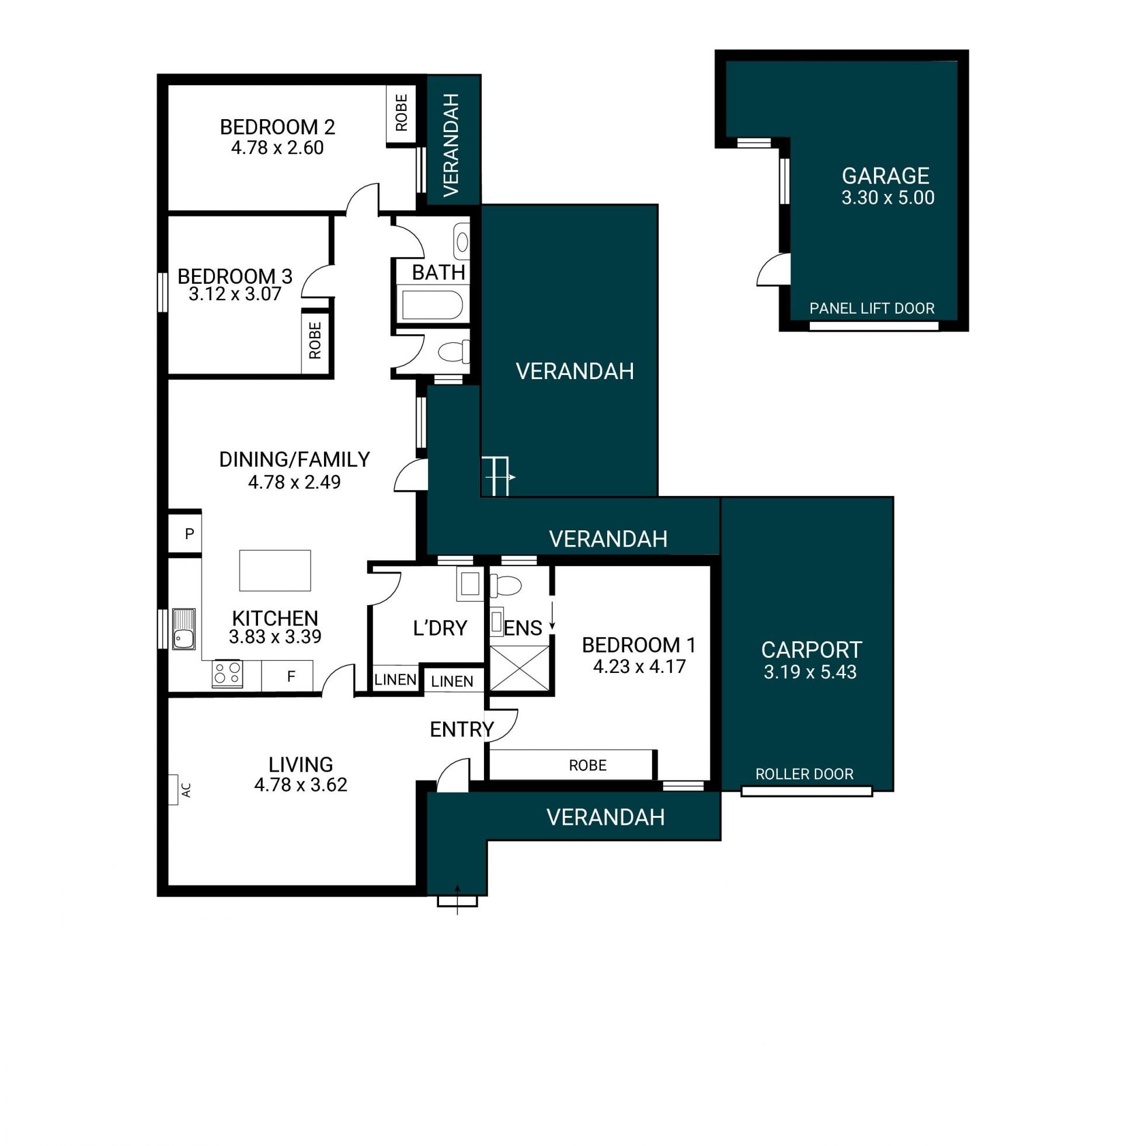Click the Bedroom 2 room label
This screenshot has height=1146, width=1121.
point(277,127)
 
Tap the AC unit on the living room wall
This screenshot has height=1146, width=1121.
point(173,789)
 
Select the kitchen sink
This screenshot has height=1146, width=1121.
point(184,629)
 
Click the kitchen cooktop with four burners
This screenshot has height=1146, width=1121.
point(227,674)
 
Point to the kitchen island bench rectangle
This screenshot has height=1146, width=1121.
point(275,570)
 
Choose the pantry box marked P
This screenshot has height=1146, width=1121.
point(186,533)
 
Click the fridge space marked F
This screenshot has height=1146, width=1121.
point(287,676)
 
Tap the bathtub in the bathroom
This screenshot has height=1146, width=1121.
point(433,304)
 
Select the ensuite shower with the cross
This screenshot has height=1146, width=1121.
point(519,668)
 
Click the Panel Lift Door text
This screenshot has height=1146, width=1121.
point(872,308)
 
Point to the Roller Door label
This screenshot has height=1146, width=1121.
point(804,774)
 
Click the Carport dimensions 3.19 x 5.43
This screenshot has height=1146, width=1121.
point(810,672)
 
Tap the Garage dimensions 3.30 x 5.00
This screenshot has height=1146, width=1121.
point(888,197)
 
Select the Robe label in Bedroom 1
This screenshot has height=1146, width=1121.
point(587,765)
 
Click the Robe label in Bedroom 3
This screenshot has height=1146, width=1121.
point(315,340)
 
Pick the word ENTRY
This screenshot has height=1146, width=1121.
point(462,730)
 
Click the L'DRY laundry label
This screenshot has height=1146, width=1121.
point(440,628)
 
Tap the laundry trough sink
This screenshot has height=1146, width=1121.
point(470,584)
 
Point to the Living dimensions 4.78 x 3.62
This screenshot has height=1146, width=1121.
point(301,784)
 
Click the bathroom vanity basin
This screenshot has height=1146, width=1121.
point(462,242)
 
